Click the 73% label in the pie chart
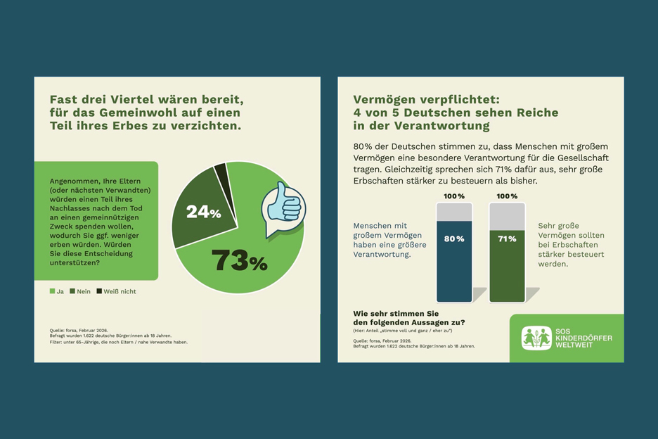coord(239,262)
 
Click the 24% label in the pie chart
coord(203,211)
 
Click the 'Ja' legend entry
coord(57,291)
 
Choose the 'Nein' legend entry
coord(80,291)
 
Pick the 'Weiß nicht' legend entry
coord(116,291)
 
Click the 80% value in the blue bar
coord(454,239)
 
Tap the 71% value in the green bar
coord(507,239)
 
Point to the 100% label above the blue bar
coord(454,196)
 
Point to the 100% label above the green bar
coord(507,196)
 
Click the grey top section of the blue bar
coord(454,212)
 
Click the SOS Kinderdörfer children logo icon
coord(536,338)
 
